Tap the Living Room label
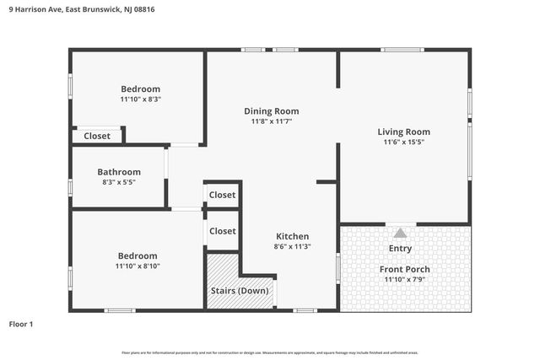point(403,132)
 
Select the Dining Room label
point(271,111)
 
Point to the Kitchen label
point(292,236)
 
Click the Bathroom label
point(119,172)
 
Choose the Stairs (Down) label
point(240,291)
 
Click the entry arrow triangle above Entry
point(400,233)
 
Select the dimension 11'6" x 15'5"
point(403,142)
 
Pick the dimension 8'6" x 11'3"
point(292,247)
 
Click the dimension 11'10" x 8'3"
point(140,99)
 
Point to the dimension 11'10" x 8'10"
point(138,266)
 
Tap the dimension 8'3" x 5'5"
point(119,182)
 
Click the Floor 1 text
point(21,324)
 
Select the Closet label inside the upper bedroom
point(97,136)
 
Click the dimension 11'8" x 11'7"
point(271,121)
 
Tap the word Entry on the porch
point(400,249)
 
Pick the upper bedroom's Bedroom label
point(140,89)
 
